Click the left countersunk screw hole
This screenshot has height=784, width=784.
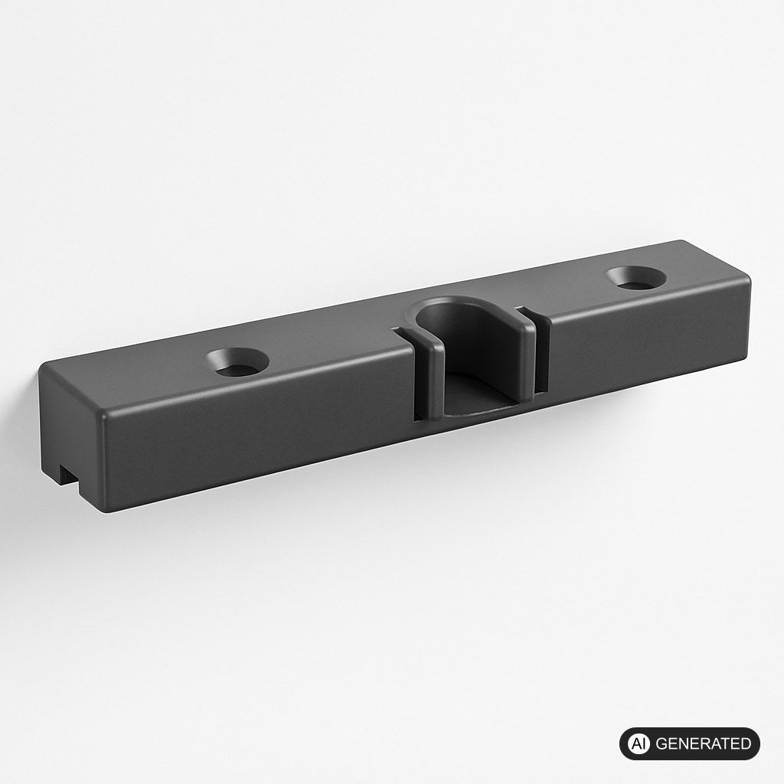click(x=237, y=361)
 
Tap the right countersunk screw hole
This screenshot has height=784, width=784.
click(x=636, y=278)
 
